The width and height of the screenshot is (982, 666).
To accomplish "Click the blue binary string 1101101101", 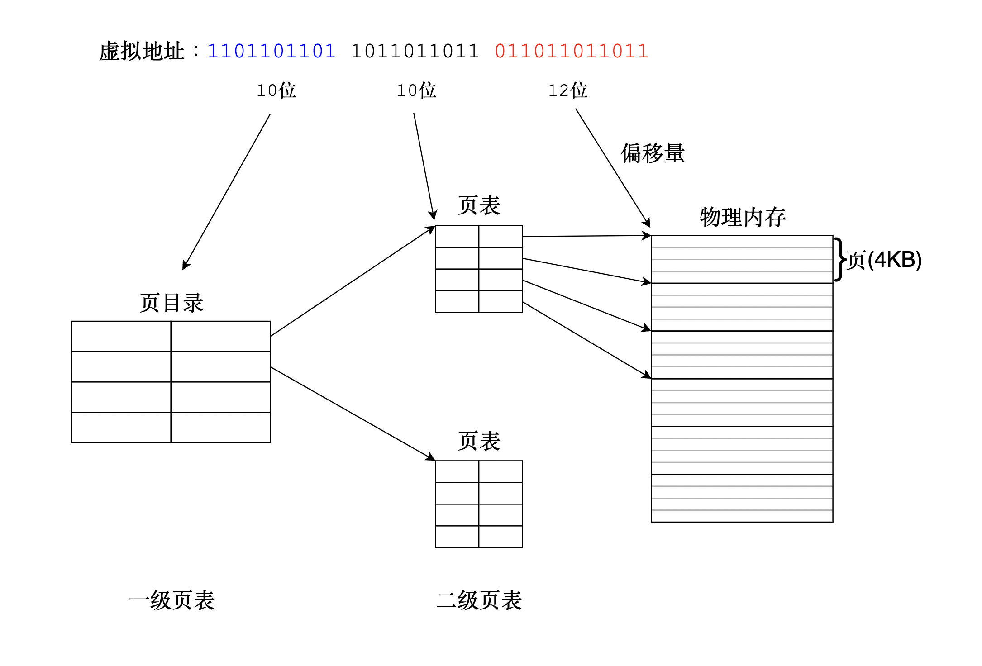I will [272, 51].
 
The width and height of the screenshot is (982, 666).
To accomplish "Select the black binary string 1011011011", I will [415, 51].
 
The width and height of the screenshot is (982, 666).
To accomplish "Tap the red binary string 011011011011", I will [572, 51].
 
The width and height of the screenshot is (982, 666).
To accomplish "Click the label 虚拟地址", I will [141, 51].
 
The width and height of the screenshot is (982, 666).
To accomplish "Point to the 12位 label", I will [568, 90].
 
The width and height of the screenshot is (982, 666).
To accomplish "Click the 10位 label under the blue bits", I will [276, 90].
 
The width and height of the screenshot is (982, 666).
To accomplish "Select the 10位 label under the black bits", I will [416, 90].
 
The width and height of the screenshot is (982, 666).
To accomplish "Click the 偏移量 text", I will [653, 153].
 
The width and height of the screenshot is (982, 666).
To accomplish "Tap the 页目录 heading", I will [172, 303].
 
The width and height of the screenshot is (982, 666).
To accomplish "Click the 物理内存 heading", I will [743, 217].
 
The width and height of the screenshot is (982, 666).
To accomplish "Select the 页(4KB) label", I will [884, 260].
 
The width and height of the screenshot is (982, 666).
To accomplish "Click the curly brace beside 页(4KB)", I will [840, 259].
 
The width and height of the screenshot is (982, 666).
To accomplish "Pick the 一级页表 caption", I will [172, 600].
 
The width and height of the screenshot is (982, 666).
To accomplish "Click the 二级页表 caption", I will [479, 600].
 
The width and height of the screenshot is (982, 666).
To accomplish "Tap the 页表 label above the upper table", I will [479, 205].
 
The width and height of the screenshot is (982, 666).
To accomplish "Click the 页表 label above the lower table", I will [479, 441].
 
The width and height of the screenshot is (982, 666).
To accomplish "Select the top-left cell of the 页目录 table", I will [121, 336].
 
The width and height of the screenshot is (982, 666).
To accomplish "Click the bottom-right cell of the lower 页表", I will [501, 537].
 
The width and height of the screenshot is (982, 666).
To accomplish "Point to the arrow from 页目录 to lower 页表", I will [353, 414].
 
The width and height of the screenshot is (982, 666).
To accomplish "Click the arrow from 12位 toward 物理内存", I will [613, 167].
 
